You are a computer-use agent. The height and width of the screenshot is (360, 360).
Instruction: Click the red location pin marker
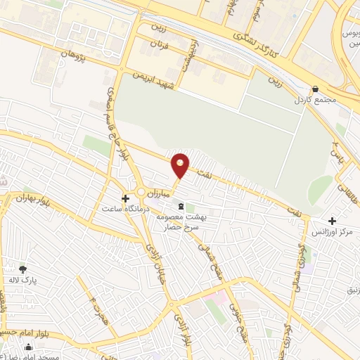click(181, 165)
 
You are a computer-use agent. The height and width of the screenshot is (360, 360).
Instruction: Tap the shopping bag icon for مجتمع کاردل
click(315, 89)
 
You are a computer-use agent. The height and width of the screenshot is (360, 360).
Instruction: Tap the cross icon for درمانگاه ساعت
click(126, 198)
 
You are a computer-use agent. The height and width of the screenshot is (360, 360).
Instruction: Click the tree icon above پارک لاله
click(22, 269)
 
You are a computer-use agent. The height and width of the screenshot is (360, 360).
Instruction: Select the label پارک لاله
click(23, 279)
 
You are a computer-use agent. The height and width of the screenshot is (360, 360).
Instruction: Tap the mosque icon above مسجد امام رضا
click(28, 347)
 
